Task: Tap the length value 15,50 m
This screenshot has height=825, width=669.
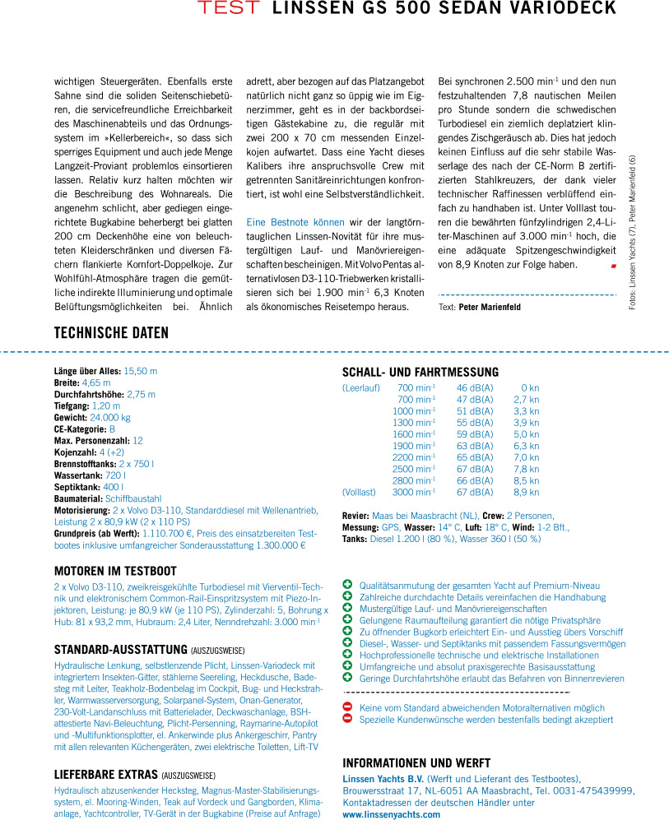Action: (141, 371)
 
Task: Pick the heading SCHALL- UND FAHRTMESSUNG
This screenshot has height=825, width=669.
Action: (420, 372)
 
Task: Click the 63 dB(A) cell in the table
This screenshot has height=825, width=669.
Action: (475, 445)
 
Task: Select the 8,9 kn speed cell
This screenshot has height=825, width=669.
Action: (526, 492)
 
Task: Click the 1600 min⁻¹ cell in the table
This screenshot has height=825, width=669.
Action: (413, 433)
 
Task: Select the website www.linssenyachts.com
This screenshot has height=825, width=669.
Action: (392, 813)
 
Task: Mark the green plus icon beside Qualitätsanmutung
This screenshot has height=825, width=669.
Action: (347, 584)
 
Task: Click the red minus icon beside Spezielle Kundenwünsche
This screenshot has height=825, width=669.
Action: (347, 719)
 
